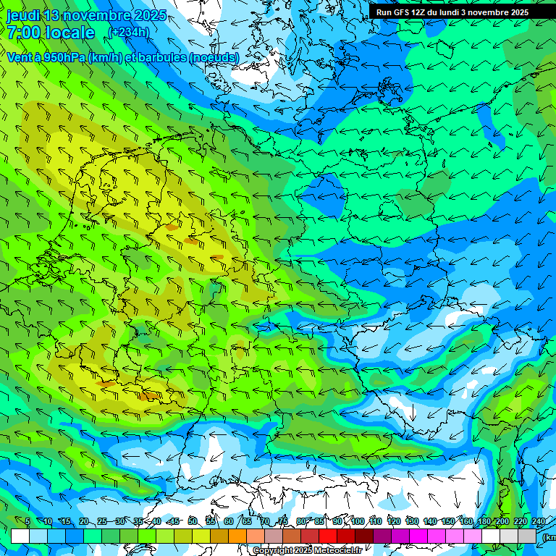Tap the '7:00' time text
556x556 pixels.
(x=24, y=33)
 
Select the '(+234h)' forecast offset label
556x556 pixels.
(x=128, y=32)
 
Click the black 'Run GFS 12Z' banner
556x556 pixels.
(x=452, y=12)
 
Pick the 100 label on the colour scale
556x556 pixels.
(x=357, y=521)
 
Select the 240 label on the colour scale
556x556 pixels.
(x=538, y=521)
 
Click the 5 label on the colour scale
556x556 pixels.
(x=28, y=521)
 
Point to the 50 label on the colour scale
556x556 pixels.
(x=192, y=521)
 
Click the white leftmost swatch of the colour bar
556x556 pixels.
(x=20, y=536)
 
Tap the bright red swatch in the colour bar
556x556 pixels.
(x=328, y=536)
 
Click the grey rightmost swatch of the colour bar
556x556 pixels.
(x=527, y=536)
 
